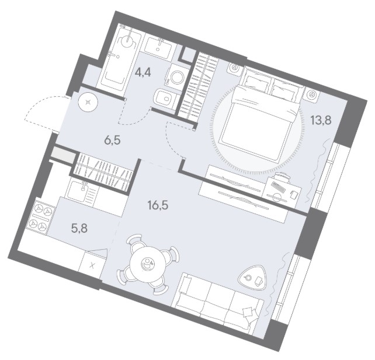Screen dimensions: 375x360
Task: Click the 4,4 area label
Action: tap(143, 72)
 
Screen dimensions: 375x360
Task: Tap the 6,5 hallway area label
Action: tap(112, 140)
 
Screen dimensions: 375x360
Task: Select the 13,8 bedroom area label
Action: tap(321, 120)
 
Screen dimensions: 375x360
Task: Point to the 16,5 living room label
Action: tap(158, 205)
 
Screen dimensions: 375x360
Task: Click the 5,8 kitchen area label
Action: tap(79, 228)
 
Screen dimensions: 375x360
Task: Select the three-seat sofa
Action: tap(218, 303)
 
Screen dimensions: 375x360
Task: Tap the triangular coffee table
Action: tap(252, 278)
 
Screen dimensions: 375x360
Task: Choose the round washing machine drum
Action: tap(176, 76)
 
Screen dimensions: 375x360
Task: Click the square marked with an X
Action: tap(92, 265)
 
